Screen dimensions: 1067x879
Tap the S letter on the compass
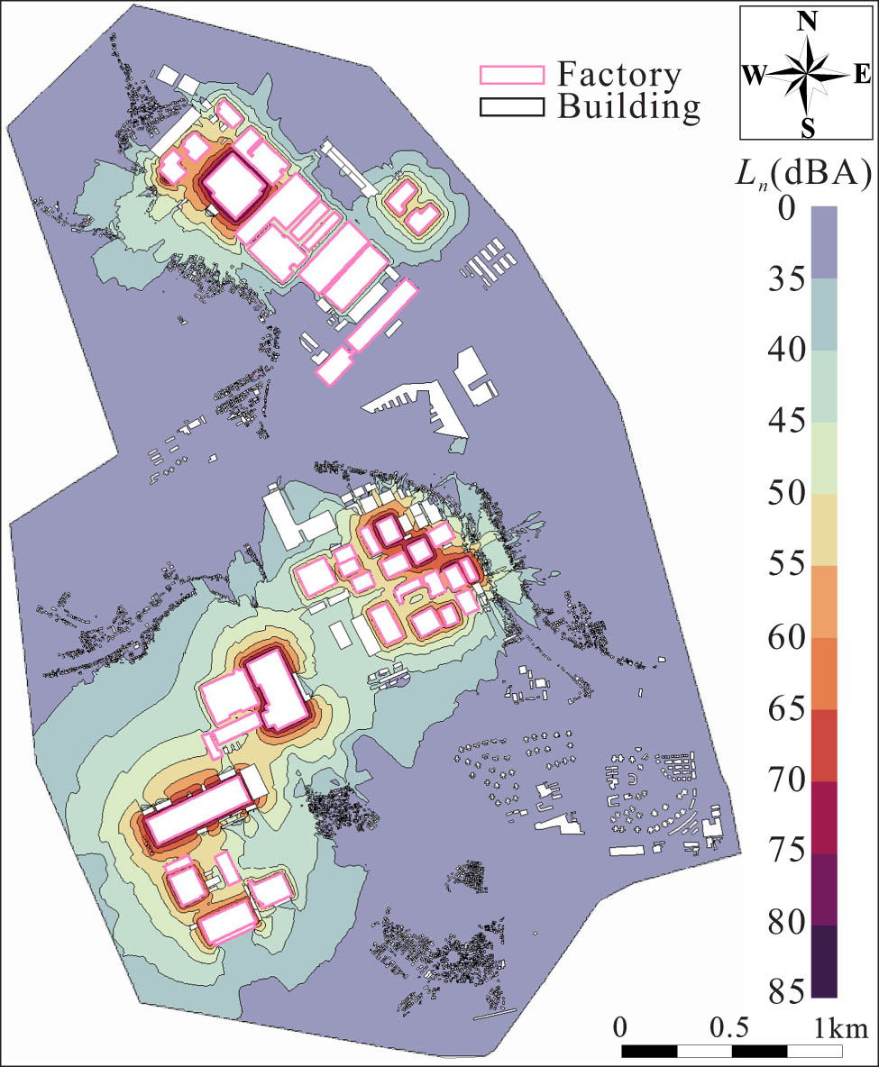tap(808, 128)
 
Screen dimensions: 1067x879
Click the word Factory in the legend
tap(619, 74)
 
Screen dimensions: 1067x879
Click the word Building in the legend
tap(629, 107)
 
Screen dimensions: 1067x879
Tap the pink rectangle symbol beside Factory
tap(512, 75)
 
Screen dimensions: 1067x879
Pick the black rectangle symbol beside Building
tap(512, 106)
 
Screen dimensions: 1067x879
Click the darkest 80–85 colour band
tap(824, 961)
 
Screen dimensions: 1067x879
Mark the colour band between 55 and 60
tap(824, 601)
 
